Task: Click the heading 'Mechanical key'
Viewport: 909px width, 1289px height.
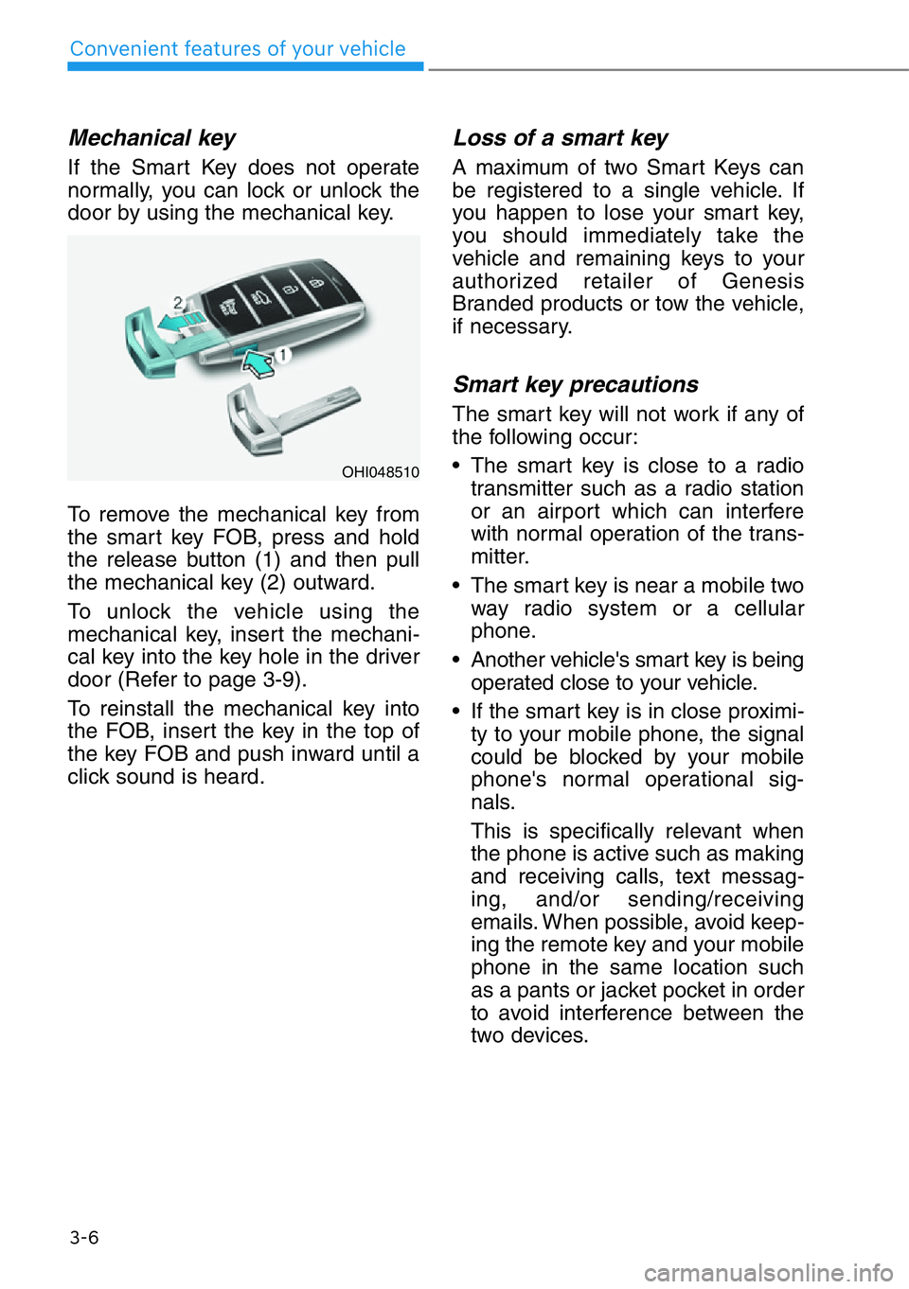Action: pyautogui.click(x=151, y=138)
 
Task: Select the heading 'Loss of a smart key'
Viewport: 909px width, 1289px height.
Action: pyautogui.click(x=561, y=138)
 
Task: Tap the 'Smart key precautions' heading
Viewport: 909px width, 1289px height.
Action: pyautogui.click(x=576, y=384)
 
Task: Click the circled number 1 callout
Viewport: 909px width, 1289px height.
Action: pyautogui.click(x=282, y=355)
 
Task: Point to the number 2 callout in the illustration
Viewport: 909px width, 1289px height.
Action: pyautogui.click(x=177, y=303)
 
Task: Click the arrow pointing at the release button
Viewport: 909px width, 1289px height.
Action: pyautogui.click(x=258, y=362)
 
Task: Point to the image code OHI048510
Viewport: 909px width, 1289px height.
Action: pyautogui.click(x=380, y=472)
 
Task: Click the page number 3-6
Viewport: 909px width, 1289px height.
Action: pyautogui.click(x=84, y=1237)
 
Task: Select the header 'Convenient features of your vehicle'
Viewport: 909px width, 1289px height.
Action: pyautogui.click(x=238, y=49)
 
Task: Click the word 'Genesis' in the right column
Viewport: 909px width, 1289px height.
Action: pyautogui.click(x=762, y=281)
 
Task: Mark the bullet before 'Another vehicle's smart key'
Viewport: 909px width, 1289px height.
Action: pyautogui.click(x=457, y=661)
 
